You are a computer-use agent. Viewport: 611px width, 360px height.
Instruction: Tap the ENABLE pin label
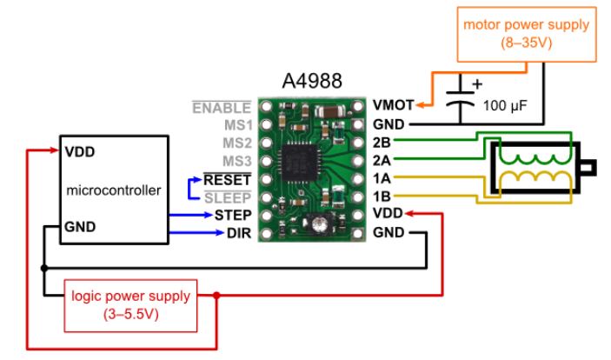pyautogui.click(x=222, y=108)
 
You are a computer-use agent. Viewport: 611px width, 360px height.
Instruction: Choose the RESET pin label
pyautogui.click(x=228, y=179)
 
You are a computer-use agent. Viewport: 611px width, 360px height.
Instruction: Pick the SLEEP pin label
pyautogui.click(x=229, y=197)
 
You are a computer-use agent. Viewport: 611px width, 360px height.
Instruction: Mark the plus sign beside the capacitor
pyautogui.click(x=475, y=85)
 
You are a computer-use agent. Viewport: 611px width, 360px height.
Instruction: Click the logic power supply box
pyautogui.click(x=130, y=304)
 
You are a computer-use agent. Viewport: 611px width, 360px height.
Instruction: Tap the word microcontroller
pyautogui.click(x=113, y=190)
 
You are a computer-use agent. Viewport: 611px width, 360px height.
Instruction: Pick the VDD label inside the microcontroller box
pyautogui.click(x=79, y=150)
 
